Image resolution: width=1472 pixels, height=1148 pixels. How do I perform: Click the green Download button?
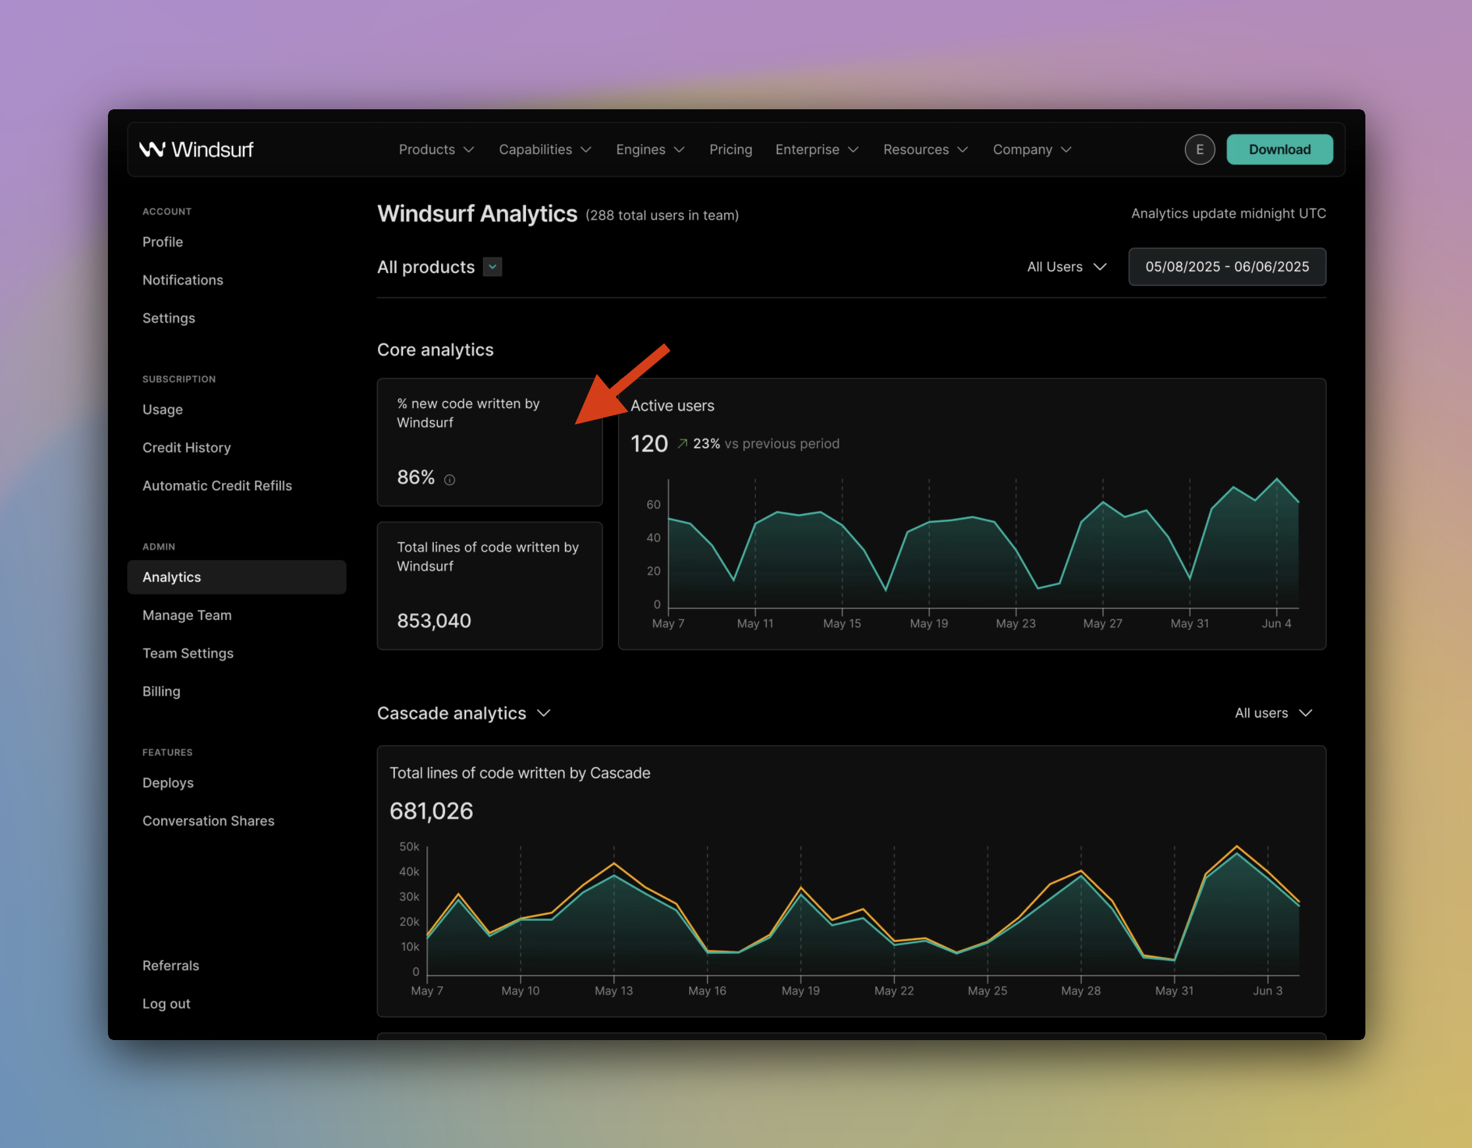1279,149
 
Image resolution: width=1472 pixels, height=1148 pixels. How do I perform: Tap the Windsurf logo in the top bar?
196,149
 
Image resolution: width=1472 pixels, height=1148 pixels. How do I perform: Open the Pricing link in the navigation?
731,149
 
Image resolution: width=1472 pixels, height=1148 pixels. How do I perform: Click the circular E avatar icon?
1199,149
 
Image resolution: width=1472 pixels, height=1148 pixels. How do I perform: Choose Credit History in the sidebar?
187,448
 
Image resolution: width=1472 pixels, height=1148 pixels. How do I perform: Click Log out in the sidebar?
167,1004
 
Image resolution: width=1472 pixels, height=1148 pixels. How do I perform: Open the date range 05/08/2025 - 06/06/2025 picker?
1227,267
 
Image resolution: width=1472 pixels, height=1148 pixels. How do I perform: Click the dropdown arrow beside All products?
492,267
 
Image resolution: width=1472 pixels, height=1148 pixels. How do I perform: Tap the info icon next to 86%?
450,480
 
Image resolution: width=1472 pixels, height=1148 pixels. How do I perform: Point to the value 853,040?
434,621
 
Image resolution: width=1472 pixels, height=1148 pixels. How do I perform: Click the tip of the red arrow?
575,424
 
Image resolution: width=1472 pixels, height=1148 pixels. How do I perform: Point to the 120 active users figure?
649,444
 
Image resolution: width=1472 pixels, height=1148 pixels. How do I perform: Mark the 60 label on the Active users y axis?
654,504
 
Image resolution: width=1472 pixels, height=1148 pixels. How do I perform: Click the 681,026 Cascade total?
431,811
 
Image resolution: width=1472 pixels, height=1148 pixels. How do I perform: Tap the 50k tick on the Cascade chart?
409,847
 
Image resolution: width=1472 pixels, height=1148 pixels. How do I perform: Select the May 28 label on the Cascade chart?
1081,991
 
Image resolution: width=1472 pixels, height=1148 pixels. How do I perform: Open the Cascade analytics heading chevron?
544,713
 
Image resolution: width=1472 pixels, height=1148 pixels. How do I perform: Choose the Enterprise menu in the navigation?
817,149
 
